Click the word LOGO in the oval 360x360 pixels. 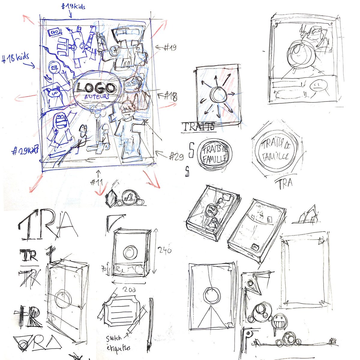(x=95, y=88)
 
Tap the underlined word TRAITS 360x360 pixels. (x=198, y=127)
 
